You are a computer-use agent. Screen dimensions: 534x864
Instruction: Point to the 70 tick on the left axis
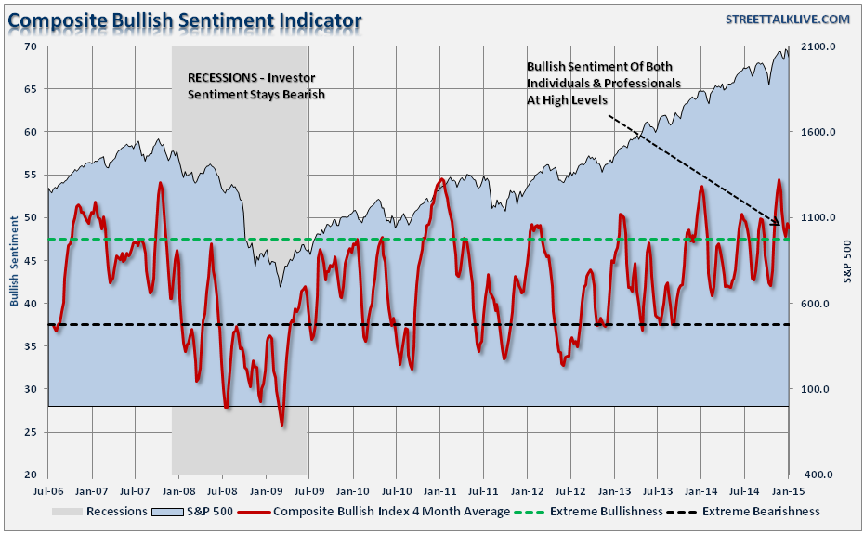31,46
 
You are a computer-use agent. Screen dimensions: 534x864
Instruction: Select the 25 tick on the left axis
31,432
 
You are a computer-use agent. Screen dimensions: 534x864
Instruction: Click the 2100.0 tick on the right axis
818,46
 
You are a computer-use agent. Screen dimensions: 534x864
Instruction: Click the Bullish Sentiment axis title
14,260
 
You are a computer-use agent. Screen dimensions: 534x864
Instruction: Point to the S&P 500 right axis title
848,260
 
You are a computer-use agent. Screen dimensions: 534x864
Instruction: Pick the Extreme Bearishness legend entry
761,511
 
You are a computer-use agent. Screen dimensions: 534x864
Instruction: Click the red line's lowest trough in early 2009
281,426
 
